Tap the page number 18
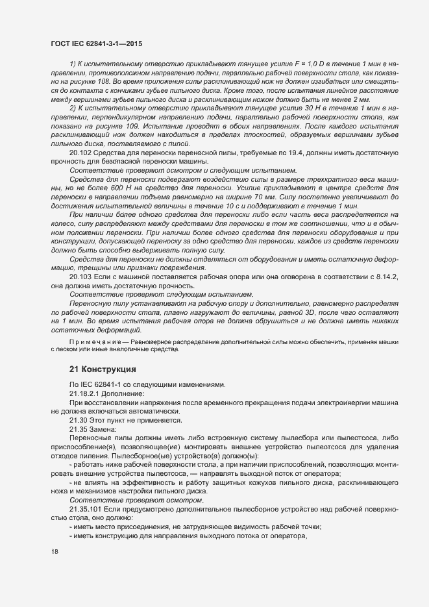[54, 552]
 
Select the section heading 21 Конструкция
[103, 369]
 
